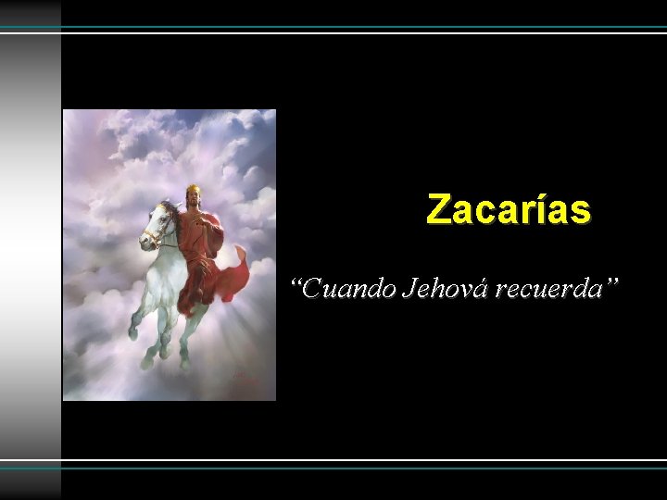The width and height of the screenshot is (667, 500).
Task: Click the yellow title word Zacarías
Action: pos(508,210)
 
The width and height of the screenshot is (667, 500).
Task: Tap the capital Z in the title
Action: pos(438,210)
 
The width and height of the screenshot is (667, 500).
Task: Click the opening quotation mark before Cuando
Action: pos(296,282)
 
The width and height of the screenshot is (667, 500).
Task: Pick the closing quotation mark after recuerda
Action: pos(610,282)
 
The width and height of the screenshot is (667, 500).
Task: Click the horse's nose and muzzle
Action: pos(145,243)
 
